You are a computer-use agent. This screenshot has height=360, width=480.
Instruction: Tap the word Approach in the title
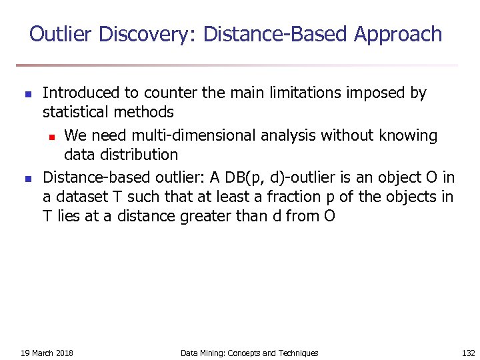click(398, 35)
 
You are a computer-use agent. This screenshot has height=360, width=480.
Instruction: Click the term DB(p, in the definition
click(246, 178)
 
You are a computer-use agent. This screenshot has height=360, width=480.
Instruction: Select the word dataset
click(83, 197)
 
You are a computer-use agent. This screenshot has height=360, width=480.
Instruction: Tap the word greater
click(211, 216)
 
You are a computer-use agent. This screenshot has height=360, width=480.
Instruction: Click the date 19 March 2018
click(47, 353)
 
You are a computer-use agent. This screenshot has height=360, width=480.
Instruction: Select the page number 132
click(468, 353)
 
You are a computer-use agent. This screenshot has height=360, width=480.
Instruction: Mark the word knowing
click(408, 136)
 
